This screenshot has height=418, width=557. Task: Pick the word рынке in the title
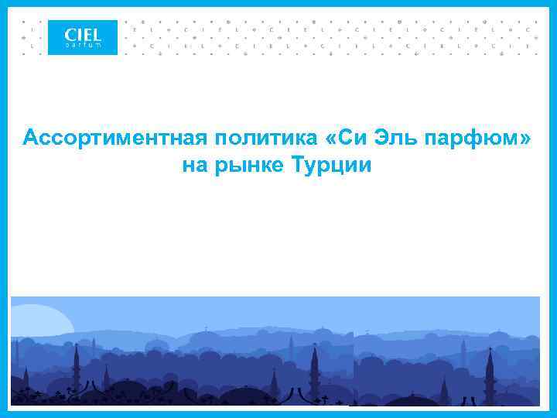[x=245, y=166]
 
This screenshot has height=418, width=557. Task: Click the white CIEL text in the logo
[x=83, y=34]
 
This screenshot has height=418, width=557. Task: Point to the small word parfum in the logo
[x=82, y=45]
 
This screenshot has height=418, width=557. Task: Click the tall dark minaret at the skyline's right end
[x=490, y=372]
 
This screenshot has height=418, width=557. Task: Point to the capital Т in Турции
[x=297, y=165]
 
